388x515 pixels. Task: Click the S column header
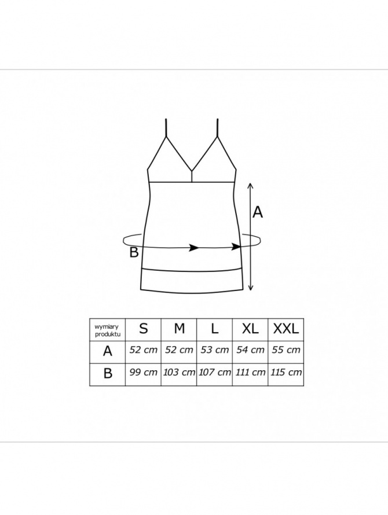click(144, 329)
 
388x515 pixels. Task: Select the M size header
click(179, 329)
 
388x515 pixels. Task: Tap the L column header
click(215, 329)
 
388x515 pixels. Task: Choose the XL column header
click(250, 329)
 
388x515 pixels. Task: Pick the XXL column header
click(286, 329)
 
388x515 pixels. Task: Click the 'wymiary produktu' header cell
click(107, 330)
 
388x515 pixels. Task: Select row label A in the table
click(108, 351)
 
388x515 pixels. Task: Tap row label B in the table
click(108, 373)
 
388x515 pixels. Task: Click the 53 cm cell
click(215, 350)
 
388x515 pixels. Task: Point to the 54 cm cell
click(250, 350)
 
